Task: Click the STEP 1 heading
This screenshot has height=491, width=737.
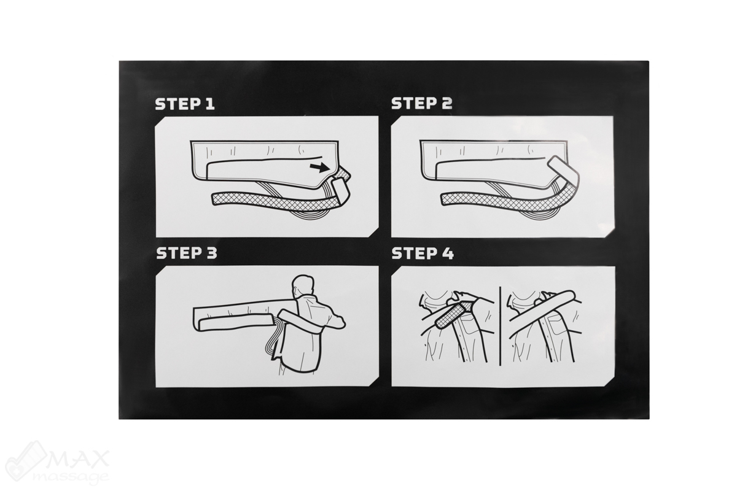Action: (x=185, y=104)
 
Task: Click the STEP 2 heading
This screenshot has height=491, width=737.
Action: (x=421, y=103)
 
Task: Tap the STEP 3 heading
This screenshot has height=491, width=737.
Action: (x=187, y=253)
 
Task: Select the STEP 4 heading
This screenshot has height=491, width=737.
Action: (x=423, y=253)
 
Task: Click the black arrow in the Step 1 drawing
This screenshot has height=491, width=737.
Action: (x=319, y=168)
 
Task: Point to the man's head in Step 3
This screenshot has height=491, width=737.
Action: (x=303, y=285)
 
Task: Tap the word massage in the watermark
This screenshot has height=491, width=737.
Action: (x=70, y=477)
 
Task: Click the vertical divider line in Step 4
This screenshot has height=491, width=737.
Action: (x=500, y=325)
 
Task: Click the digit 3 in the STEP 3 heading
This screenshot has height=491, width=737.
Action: (x=211, y=253)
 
